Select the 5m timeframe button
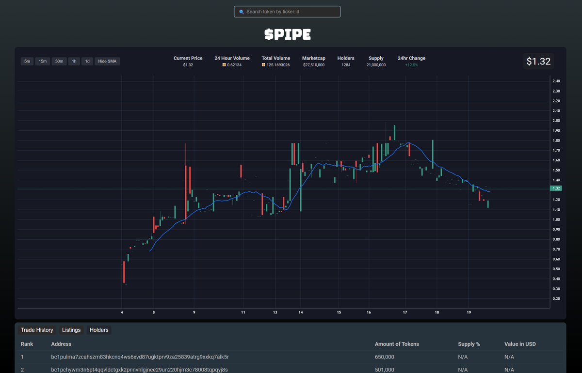click(27, 61)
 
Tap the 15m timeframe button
click(43, 61)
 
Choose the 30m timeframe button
click(59, 61)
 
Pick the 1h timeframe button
click(74, 61)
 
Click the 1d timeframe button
click(87, 61)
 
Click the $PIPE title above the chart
click(288, 34)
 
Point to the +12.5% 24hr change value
click(411, 65)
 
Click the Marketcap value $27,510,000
click(314, 65)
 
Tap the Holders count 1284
click(346, 65)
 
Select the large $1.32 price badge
click(538, 62)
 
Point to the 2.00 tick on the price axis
click(556, 121)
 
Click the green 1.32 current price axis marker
click(556, 188)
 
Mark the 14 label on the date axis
click(301, 312)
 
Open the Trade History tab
click(37, 330)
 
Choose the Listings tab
click(71, 330)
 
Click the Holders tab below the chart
click(99, 330)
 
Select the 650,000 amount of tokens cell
click(384, 357)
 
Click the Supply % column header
click(469, 344)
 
